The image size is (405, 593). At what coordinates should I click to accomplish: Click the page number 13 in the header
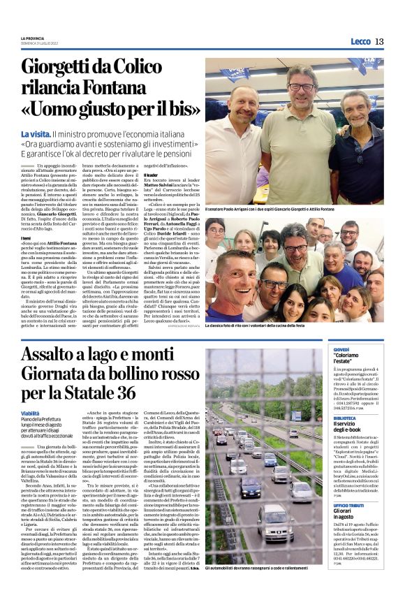click(379, 42)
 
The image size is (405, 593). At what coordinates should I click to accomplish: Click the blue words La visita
click(54, 133)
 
